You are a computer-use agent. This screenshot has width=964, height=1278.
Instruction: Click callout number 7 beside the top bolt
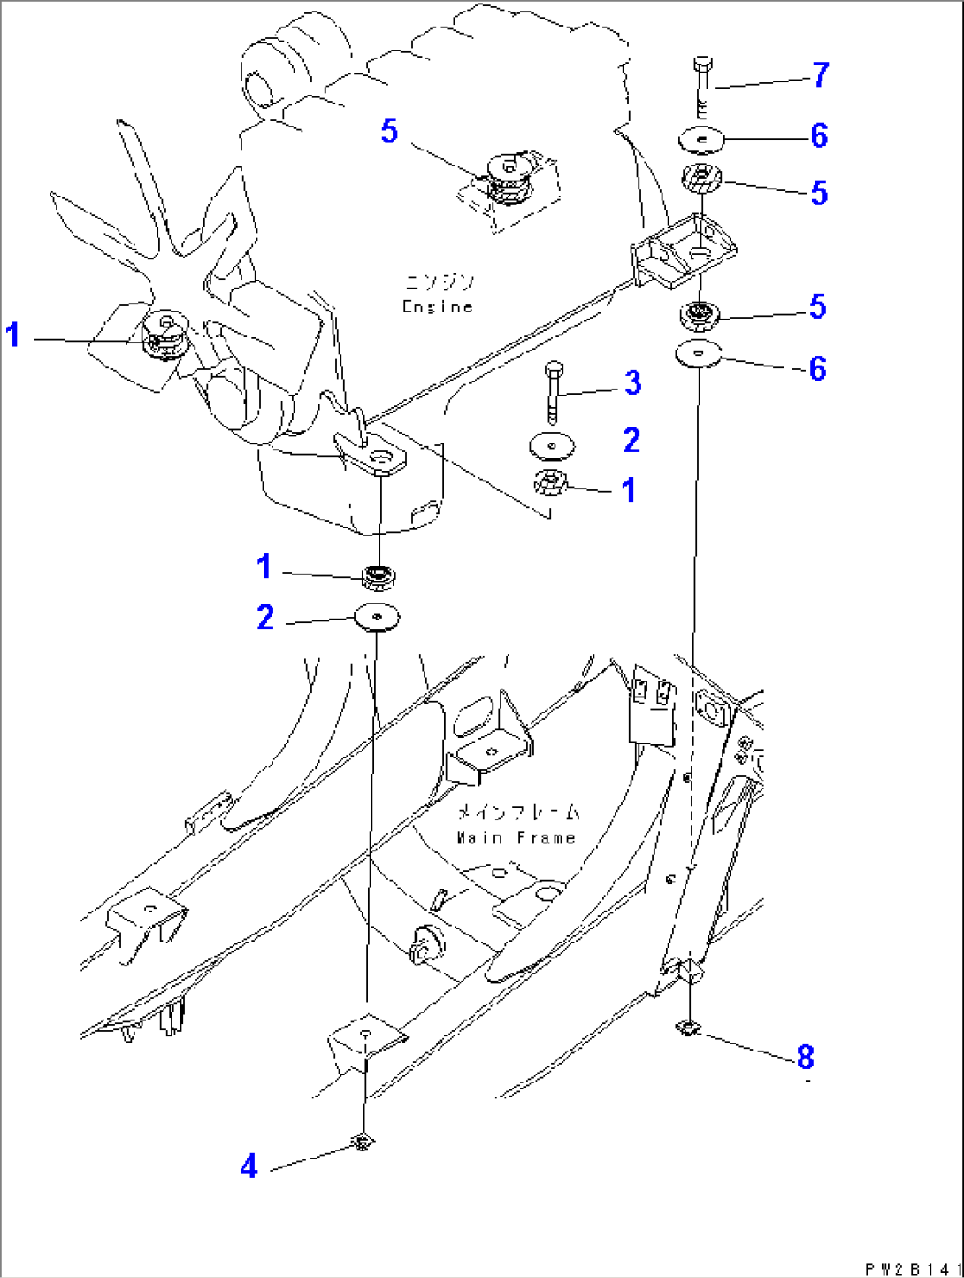coord(821,75)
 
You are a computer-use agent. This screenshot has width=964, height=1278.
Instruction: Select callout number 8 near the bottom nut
coord(804,1056)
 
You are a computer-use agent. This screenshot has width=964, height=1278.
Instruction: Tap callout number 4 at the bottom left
coord(249,1166)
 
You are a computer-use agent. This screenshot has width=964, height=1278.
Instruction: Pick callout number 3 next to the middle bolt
coord(632,383)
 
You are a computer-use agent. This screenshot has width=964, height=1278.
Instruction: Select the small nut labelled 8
coord(687,1027)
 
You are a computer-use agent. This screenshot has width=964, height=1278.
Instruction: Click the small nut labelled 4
coord(361,1143)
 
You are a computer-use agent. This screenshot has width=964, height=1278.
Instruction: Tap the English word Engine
coord(438,307)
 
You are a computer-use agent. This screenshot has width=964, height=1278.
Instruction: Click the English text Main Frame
coord(516,837)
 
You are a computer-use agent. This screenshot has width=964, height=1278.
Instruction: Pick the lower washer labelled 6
coord(699,354)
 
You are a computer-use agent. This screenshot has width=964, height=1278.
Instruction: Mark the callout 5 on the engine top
coord(389,132)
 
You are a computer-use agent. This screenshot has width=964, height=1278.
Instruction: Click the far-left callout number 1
coord(12,335)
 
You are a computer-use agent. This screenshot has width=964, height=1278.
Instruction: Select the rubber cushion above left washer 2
coord(379,576)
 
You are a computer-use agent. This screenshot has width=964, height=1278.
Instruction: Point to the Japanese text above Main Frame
coord(518,812)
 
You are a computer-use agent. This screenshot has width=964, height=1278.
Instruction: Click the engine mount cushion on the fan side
coord(164,336)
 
